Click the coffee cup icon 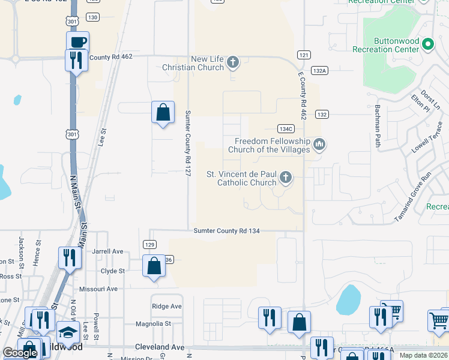pos(77,43)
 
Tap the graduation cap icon pos(68,332)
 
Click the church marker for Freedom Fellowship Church pos(319,145)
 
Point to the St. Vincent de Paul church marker pos(286,178)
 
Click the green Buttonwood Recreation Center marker pos(427,44)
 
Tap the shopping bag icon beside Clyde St pos(154,266)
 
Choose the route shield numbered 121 pos(303,55)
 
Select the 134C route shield pos(286,129)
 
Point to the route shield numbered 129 pos(149,244)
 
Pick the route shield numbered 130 pos(92,17)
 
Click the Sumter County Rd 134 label pos(226,231)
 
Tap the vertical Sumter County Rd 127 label pos(188,143)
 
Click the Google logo pos(20,353)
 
